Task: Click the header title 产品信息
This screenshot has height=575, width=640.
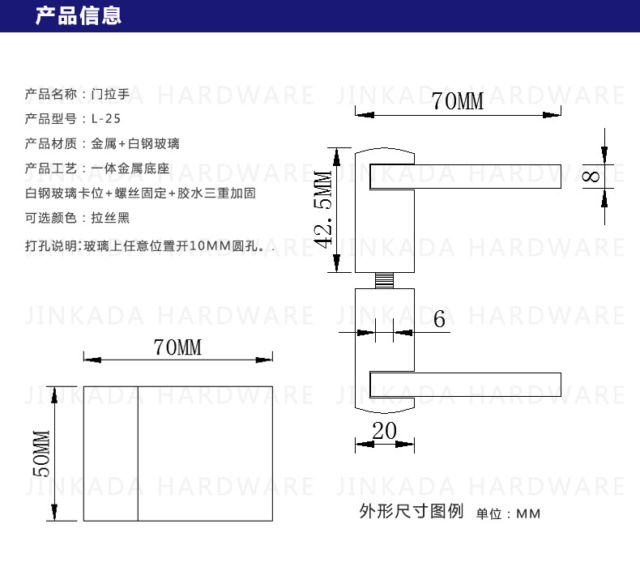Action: click(x=78, y=15)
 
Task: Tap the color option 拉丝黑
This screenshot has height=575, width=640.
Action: click(x=110, y=218)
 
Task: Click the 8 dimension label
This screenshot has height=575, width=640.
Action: click(x=593, y=177)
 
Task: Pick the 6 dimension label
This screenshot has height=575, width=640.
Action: click(x=439, y=319)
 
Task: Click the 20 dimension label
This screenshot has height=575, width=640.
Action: click(x=384, y=431)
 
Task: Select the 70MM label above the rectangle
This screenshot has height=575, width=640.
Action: click(x=177, y=348)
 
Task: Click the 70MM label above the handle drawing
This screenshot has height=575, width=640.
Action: click(x=458, y=102)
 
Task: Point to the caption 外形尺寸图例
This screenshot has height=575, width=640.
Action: click(x=411, y=512)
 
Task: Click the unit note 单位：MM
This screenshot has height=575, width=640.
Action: click(x=508, y=514)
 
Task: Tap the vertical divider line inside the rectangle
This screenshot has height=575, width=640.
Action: click(x=139, y=454)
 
